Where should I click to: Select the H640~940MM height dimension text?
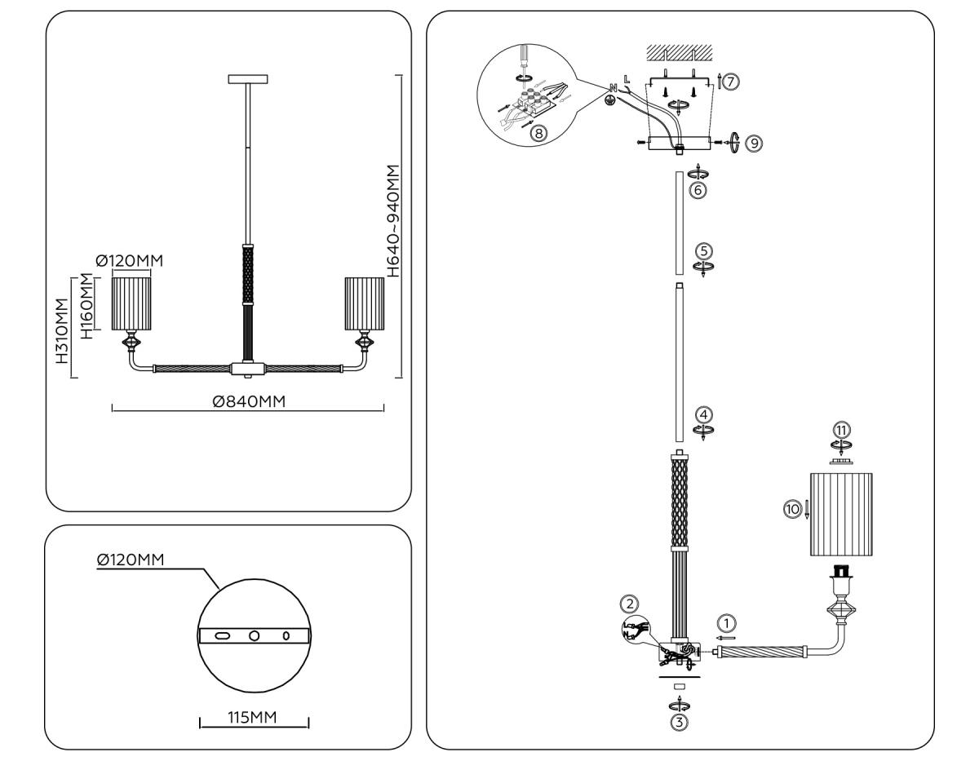(396, 221)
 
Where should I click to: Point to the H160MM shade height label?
(86, 306)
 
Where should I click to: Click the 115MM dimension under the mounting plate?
(254, 717)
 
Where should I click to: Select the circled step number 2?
(628, 604)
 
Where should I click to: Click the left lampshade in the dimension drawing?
(132, 303)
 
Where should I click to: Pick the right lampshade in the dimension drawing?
(365, 303)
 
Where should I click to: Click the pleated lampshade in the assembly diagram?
(841, 514)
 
